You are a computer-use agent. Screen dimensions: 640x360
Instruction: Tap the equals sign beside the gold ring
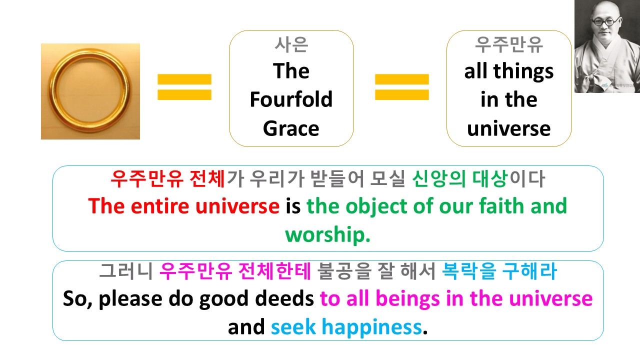click(184, 87)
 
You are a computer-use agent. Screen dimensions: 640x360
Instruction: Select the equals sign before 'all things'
click(401, 87)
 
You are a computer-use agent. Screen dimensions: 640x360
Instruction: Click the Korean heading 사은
click(291, 44)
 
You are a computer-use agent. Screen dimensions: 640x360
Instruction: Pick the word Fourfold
click(291, 99)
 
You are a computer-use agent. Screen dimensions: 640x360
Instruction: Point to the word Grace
click(291, 128)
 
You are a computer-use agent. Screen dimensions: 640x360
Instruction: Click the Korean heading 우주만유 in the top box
click(509, 44)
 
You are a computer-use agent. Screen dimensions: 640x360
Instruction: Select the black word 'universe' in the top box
click(509, 128)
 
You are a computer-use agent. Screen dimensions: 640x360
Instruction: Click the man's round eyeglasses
click(605, 21)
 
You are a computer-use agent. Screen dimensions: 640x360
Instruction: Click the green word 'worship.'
click(327, 234)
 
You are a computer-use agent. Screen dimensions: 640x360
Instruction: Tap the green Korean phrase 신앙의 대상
click(459, 179)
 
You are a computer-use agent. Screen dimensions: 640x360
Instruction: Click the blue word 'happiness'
click(371, 327)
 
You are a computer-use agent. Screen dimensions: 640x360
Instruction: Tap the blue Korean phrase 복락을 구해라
click(499, 271)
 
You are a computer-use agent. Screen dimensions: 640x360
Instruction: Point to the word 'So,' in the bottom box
click(77, 299)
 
